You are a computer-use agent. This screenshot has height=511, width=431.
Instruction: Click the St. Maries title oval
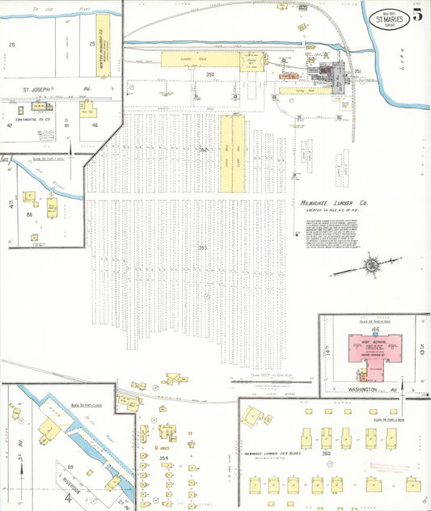coord(388,18)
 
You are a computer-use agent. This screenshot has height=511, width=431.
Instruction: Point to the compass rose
coord(370,264)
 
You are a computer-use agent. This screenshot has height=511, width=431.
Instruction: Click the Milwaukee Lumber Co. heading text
coord(333,204)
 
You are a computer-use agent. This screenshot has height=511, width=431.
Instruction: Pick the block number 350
coord(209,75)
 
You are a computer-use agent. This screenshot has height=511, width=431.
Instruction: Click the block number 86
coord(29,215)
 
